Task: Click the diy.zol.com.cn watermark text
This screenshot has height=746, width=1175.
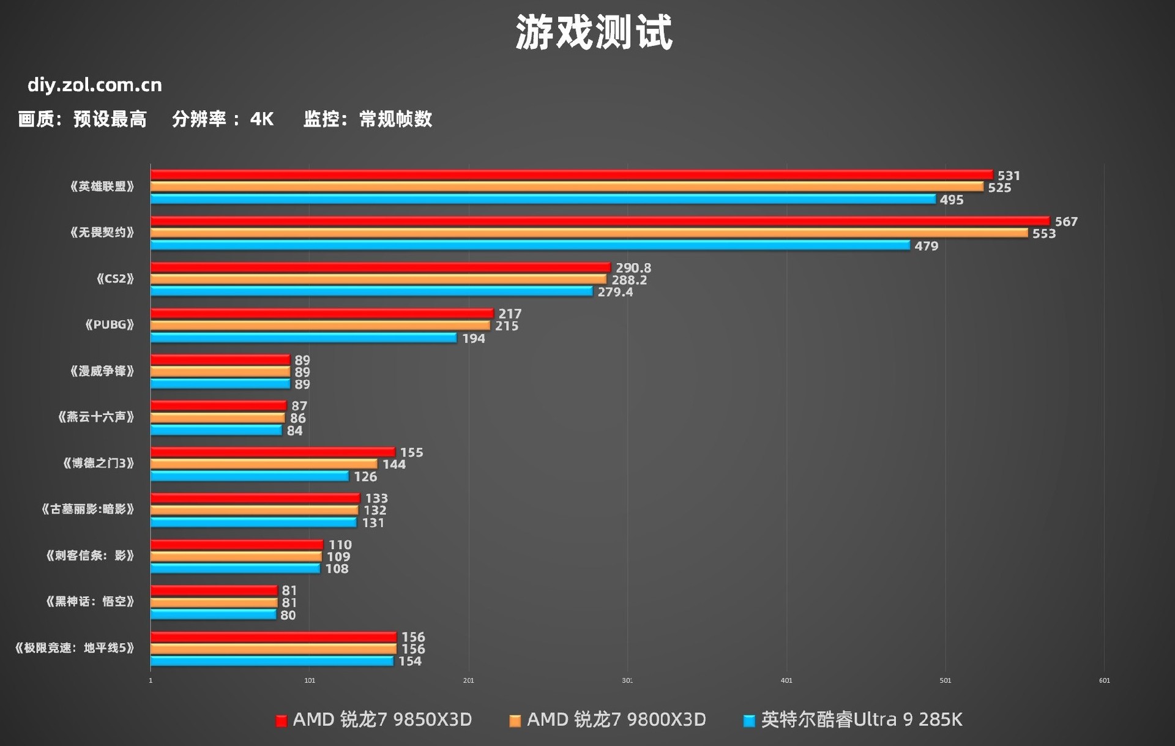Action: (95, 84)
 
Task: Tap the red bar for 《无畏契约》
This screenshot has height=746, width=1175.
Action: (600, 221)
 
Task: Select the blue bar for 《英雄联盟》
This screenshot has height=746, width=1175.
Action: (543, 199)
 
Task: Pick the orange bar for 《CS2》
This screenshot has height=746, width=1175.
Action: (378, 280)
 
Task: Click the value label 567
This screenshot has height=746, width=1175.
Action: (1066, 222)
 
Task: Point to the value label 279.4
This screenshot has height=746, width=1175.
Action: (615, 292)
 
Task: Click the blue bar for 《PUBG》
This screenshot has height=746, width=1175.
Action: (304, 338)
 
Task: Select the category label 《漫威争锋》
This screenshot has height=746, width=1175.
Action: (102, 371)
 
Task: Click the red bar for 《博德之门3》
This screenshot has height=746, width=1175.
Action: (273, 452)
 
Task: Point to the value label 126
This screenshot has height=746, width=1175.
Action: (365, 476)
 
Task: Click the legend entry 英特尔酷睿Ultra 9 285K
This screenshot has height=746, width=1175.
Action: (853, 720)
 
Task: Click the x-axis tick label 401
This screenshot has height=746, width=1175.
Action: (786, 681)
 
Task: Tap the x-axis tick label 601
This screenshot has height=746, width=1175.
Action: (1104, 681)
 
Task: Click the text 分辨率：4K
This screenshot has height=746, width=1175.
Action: (223, 119)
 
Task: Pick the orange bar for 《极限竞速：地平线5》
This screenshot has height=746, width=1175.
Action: (274, 649)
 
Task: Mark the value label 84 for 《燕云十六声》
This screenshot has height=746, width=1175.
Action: (294, 430)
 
